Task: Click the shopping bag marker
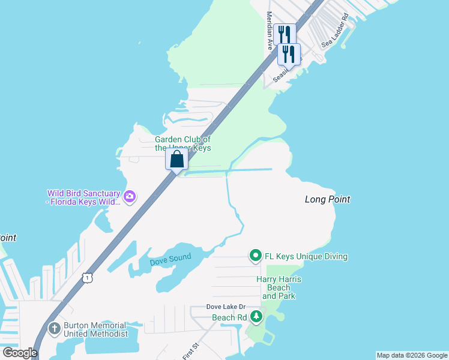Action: tap(176, 160)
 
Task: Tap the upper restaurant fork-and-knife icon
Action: tap(286, 35)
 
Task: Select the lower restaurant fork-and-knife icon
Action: tap(289, 55)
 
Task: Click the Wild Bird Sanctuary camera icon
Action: tap(129, 196)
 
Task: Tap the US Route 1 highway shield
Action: tap(88, 277)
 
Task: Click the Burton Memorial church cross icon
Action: tap(54, 328)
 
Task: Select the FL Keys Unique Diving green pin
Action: tap(255, 256)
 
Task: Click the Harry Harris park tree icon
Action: tap(256, 316)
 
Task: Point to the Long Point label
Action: tap(327, 199)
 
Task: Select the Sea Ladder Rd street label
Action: tap(335, 31)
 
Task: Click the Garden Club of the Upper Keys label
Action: tap(182, 143)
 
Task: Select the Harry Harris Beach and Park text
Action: tap(279, 287)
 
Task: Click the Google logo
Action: tap(20, 353)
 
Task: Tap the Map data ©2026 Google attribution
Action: tap(412, 355)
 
